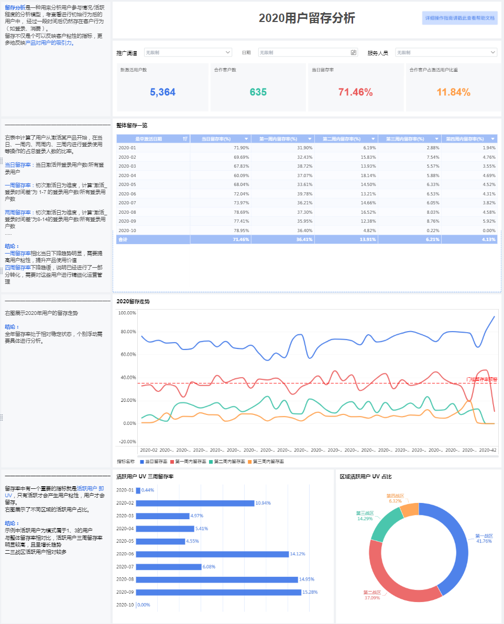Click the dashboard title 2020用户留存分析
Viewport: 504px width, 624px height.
[306, 18]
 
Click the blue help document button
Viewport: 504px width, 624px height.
[459, 18]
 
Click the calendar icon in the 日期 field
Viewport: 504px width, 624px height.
[354, 52]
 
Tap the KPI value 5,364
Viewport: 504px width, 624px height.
[162, 93]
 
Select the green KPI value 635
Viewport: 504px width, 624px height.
[258, 93]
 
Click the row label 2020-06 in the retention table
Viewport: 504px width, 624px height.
[127, 193]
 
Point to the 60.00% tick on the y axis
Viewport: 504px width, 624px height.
[128, 355]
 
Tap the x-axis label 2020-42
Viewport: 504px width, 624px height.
[488, 450]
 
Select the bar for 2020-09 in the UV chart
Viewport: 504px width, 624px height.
[218, 592]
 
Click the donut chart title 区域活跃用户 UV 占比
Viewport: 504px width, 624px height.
[366, 476]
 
